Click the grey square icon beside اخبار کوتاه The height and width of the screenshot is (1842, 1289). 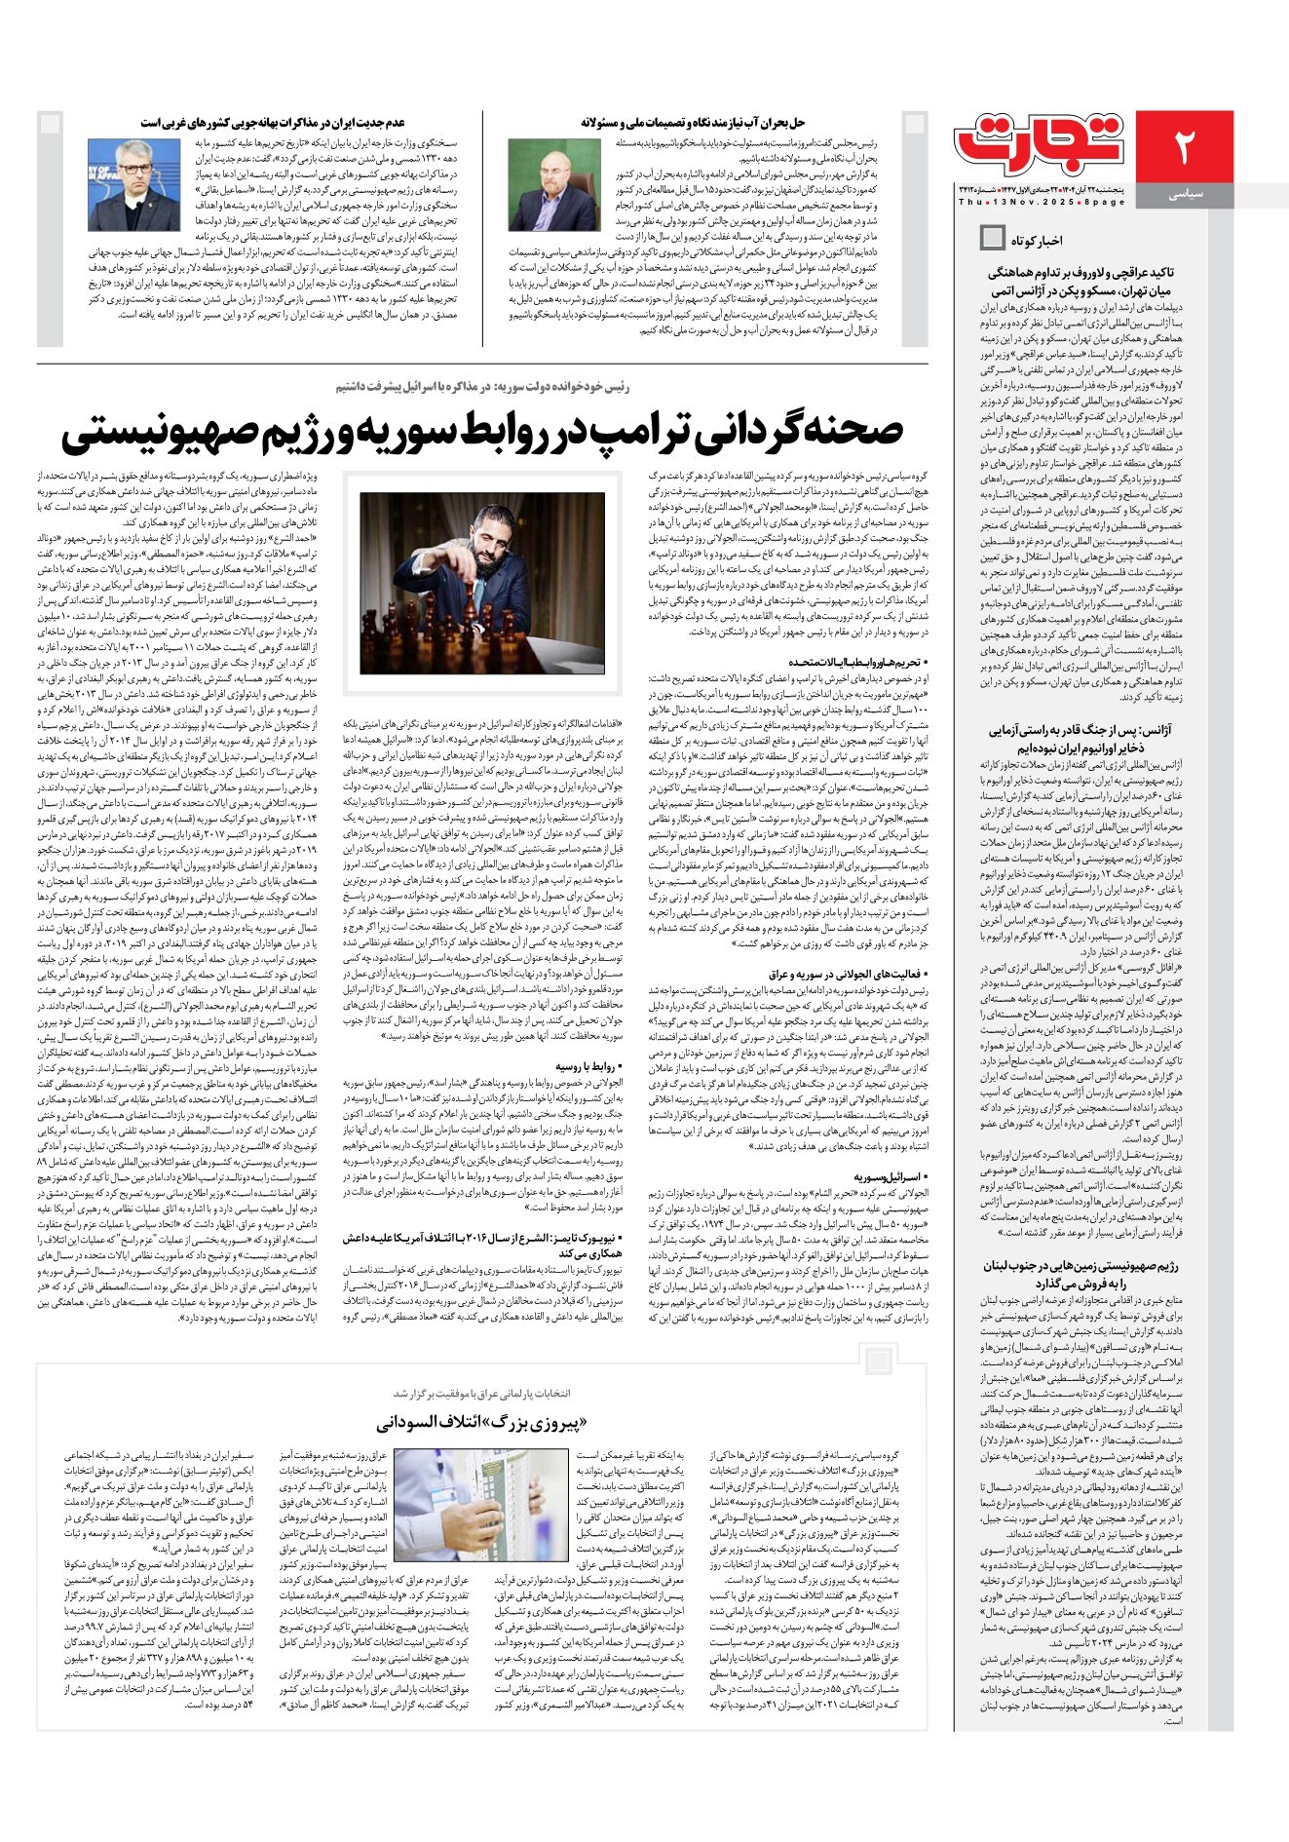click(992, 238)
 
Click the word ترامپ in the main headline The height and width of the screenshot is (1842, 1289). click(615, 431)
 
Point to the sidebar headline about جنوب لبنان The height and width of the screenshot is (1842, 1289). click(1081, 1275)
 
